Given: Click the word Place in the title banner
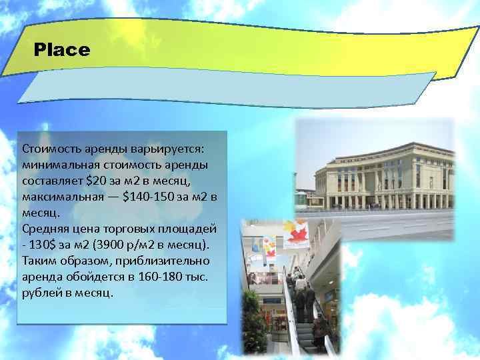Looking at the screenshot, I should (61, 50).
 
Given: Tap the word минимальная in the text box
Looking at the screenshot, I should (56, 163).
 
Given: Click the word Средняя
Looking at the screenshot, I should (43, 229).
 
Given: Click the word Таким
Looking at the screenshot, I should (39, 261).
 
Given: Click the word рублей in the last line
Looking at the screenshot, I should (41, 293).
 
